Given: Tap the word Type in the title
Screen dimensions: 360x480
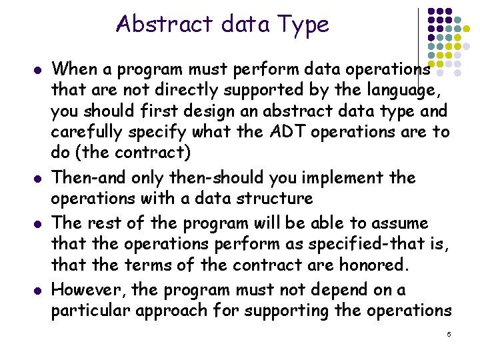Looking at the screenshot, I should [303, 25].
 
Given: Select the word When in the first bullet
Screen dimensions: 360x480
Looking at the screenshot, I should [76, 68].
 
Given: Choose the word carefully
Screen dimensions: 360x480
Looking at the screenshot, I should [93, 132].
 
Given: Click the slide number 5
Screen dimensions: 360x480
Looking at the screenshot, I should [449, 333].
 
